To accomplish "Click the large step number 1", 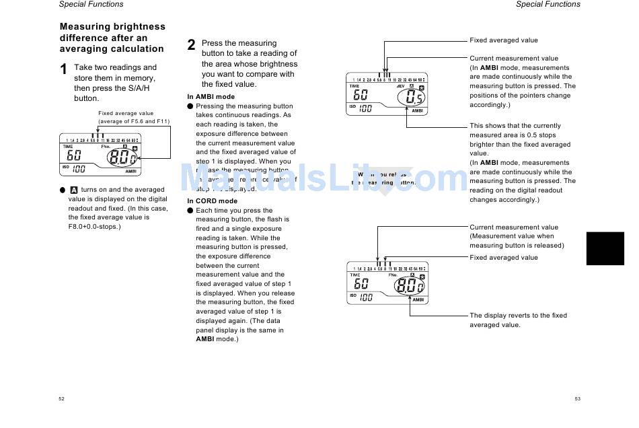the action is (x=64, y=69).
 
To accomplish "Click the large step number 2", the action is (x=192, y=45).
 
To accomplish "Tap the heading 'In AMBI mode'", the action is (x=211, y=97).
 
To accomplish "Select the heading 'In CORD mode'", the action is (x=212, y=201).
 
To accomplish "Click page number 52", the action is (x=61, y=399).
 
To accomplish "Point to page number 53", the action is (x=577, y=399).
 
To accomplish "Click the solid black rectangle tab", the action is (x=605, y=248).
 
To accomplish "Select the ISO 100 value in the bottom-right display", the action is (x=365, y=297).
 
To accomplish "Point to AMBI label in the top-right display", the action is (x=417, y=111).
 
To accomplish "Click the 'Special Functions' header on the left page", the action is (x=91, y=4).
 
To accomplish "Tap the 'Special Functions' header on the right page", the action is (x=548, y=4).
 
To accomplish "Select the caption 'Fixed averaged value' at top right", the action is (x=503, y=40).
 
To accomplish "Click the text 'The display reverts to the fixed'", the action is (x=518, y=316).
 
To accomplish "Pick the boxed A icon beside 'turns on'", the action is (x=74, y=190).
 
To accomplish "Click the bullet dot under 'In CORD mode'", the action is (x=190, y=211).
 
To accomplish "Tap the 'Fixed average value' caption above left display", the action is (x=126, y=114).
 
